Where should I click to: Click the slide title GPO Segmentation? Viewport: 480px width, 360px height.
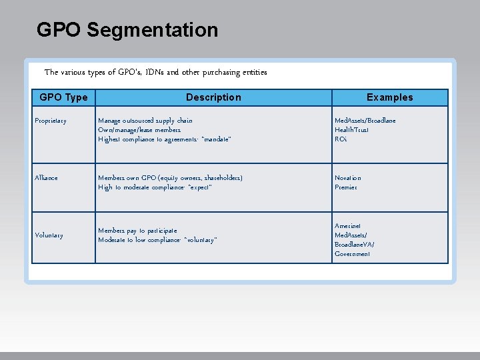click(x=127, y=30)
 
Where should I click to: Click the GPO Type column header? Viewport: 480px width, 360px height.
click(x=63, y=97)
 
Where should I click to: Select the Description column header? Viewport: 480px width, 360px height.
click(x=213, y=97)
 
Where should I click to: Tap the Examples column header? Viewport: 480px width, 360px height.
click(x=389, y=97)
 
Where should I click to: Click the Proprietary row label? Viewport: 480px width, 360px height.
click(x=51, y=121)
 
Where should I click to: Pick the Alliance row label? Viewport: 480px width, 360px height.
click(x=47, y=178)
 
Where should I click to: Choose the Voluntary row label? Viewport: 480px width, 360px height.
click(x=49, y=235)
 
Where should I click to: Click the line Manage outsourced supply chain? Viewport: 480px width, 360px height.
click(x=145, y=121)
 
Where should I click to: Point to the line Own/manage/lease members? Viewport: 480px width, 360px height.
click(x=139, y=130)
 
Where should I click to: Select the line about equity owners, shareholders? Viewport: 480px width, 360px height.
click(x=170, y=178)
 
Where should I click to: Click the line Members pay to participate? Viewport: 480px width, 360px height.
click(x=137, y=231)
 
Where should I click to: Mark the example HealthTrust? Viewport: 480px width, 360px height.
click(x=351, y=130)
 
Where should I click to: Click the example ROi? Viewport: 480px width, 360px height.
click(x=341, y=139)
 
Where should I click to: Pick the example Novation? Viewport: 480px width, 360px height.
click(x=348, y=178)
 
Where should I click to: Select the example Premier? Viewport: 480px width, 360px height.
click(x=346, y=187)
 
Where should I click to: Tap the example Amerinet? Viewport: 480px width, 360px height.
click(x=349, y=226)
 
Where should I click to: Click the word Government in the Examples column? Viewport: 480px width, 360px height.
click(x=353, y=254)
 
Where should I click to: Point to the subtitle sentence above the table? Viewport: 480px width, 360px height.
click(x=155, y=72)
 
